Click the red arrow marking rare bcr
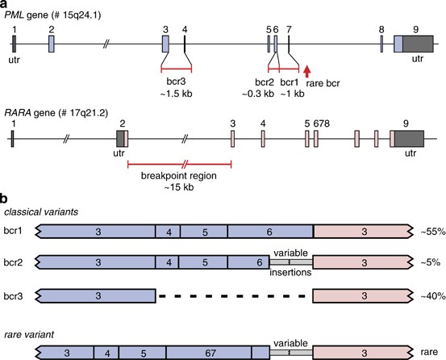click(x=306, y=74)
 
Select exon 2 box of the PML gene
click(x=51, y=44)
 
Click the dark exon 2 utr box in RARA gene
click(x=121, y=138)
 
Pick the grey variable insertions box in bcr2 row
click(x=290, y=263)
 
